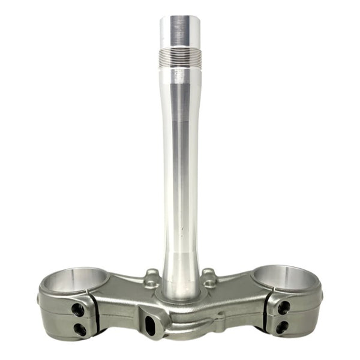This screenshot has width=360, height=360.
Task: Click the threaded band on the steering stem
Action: (180, 58)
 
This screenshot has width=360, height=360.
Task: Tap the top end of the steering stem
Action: (180, 24)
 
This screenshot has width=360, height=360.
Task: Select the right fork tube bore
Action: (283, 280)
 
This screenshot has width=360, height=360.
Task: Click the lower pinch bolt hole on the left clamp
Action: (80, 329)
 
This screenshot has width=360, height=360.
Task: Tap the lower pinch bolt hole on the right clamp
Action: (281, 328)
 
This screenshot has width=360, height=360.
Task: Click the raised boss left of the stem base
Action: (152, 277)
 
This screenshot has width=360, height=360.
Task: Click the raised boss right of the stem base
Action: (208, 277)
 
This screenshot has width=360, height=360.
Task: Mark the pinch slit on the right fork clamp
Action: (268, 313)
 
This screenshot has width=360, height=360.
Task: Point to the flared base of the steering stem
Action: (180, 282)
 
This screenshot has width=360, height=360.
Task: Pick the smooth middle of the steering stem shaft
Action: (180, 168)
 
